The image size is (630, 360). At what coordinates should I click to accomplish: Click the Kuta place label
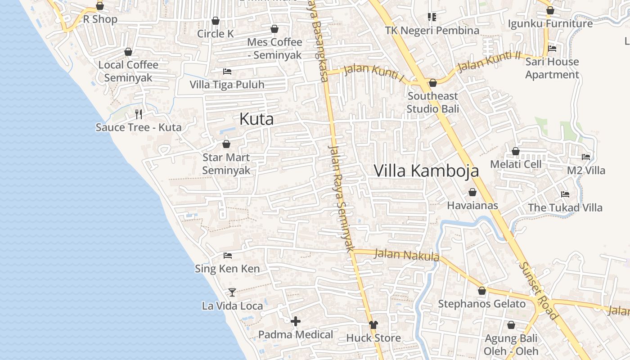click(x=256, y=119)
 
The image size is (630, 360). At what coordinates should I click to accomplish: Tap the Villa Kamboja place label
click(x=426, y=171)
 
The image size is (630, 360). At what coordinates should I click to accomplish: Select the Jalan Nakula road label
click(x=406, y=255)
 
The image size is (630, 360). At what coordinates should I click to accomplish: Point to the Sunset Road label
click(x=538, y=290)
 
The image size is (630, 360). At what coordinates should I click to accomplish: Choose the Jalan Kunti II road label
click(x=489, y=62)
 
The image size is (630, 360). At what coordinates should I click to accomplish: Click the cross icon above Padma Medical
click(x=296, y=321)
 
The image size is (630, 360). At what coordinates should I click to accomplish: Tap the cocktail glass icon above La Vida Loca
click(x=232, y=292)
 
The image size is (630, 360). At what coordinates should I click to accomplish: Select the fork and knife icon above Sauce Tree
click(x=139, y=114)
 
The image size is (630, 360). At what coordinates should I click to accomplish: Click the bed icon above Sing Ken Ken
click(x=228, y=256)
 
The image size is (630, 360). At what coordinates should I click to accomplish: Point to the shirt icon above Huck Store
click(x=373, y=324)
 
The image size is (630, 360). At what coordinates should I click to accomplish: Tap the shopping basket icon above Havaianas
click(x=472, y=193)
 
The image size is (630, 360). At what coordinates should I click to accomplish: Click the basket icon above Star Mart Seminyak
click(x=226, y=144)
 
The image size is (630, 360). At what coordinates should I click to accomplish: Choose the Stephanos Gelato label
click(x=482, y=304)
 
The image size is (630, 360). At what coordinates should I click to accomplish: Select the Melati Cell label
click(x=516, y=164)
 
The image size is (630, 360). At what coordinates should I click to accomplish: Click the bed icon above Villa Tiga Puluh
click(x=227, y=72)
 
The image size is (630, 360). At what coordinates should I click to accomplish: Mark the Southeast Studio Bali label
click(x=433, y=102)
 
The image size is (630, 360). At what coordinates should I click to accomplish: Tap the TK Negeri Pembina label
click(x=432, y=31)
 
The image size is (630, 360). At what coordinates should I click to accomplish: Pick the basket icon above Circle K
click(x=216, y=21)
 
